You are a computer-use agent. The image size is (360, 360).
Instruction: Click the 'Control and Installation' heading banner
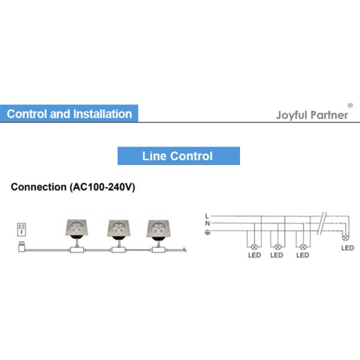coord(69,113)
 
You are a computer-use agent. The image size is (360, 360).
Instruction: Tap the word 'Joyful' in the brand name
coord(291,115)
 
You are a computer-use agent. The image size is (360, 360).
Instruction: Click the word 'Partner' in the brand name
coord(328,115)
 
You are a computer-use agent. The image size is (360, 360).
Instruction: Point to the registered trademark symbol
coord(350,104)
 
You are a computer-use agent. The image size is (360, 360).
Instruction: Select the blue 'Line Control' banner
coord(178,157)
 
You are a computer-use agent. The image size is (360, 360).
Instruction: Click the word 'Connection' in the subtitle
coord(38,187)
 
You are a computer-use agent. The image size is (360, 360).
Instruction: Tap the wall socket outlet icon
coord(22,228)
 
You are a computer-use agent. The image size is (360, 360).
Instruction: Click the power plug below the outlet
coord(22,245)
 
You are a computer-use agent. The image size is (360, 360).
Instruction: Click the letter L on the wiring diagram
coord(206,215)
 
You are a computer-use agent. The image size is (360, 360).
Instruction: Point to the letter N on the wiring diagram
coord(206,223)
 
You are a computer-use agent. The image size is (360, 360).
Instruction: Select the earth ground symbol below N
coord(207,232)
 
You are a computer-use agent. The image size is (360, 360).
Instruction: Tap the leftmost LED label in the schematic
coord(254,255)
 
